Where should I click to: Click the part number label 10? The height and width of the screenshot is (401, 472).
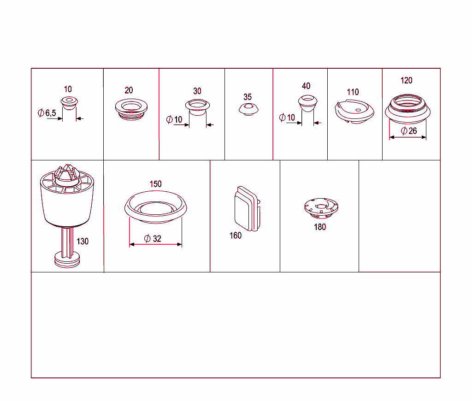(x=68, y=89)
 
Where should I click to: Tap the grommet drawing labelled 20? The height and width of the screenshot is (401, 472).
(x=131, y=109)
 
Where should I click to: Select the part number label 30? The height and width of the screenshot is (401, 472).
(x=197, y=91)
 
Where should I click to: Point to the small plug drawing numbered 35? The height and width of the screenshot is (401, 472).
(x=248, y=109)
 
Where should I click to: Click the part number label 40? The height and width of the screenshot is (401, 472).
(x=306, y=86)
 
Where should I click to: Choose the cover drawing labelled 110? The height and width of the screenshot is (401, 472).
(x=354, y=112)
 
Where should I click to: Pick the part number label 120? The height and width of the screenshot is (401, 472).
(x=407, y=80)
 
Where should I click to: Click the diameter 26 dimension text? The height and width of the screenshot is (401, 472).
(x=409, y=131)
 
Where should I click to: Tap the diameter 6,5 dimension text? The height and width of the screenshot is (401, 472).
(x=47, y=113)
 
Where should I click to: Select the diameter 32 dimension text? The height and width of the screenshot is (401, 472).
(x=153, y=239)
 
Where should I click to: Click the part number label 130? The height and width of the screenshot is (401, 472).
(x=83, y=242)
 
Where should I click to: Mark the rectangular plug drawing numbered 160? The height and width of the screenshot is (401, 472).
(x=247, y=209)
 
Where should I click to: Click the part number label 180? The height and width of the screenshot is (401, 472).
(x=320, y=227)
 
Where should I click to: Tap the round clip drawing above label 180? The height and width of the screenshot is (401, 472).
(x=321, y=208)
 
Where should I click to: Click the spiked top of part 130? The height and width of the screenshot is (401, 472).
(x=67, y=173)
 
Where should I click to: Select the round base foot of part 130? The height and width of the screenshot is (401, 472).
(x=67, y=260)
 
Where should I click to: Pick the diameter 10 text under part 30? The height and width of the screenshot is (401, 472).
(x=174, y=119)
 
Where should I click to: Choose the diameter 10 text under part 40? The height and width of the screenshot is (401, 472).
(x=287, y=118)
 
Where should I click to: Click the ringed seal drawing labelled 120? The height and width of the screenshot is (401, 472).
(x=407, y=109)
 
